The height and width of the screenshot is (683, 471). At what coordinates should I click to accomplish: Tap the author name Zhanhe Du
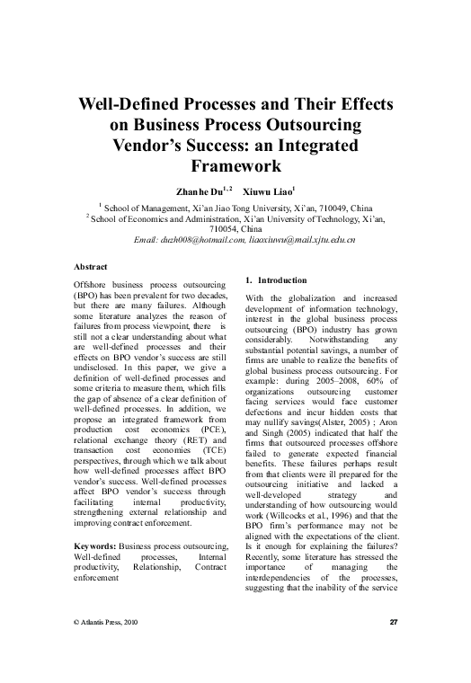(x=191, y=191)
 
